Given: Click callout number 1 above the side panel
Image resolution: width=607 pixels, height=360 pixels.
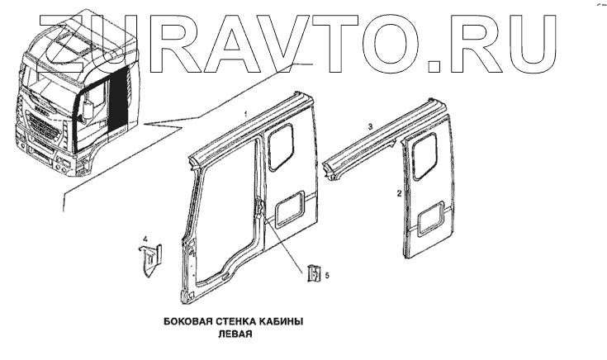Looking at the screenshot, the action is coord(245,113).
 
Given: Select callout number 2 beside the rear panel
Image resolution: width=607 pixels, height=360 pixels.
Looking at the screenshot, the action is coord(400,195).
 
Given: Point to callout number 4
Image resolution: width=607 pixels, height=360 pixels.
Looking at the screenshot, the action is coord(145,239).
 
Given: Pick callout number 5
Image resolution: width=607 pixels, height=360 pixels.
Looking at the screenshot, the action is coord(327,275).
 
